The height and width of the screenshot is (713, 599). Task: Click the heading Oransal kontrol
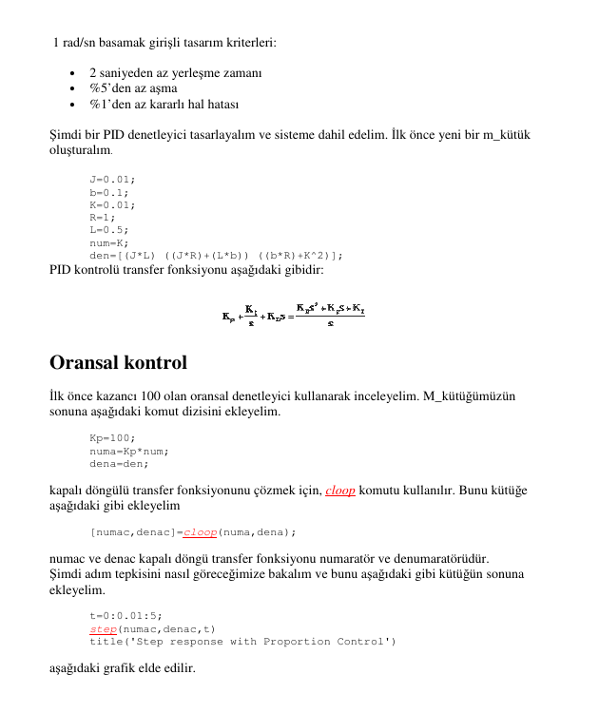coord(118,363)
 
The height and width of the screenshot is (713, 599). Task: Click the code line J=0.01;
coord(112,179)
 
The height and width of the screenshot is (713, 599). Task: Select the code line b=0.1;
coord(109,191)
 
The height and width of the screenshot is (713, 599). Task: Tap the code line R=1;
coord(103,217)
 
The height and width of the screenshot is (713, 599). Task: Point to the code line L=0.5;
coord(109,229)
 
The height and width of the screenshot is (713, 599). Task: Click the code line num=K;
coord(109,242)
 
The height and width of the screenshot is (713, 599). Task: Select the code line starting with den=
coord(217,255)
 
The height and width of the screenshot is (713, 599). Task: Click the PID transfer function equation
coord(292,316)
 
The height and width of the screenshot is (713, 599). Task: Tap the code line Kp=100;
coord(112,437)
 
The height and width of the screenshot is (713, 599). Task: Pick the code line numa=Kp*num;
coord(129,451)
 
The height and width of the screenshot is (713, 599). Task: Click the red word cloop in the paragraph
coord(340,491)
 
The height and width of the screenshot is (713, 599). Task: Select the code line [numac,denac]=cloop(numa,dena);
coord(193,532)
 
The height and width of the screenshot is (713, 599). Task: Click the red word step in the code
coord(103,628)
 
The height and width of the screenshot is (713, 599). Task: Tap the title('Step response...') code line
coord(242,642)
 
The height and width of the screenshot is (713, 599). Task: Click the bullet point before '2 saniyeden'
coord(73,73)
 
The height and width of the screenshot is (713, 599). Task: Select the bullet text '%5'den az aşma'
coord(133,88)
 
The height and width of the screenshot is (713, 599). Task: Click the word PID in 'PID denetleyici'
coord(119,135)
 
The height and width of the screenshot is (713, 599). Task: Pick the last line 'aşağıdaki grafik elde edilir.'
coord(122,668)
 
